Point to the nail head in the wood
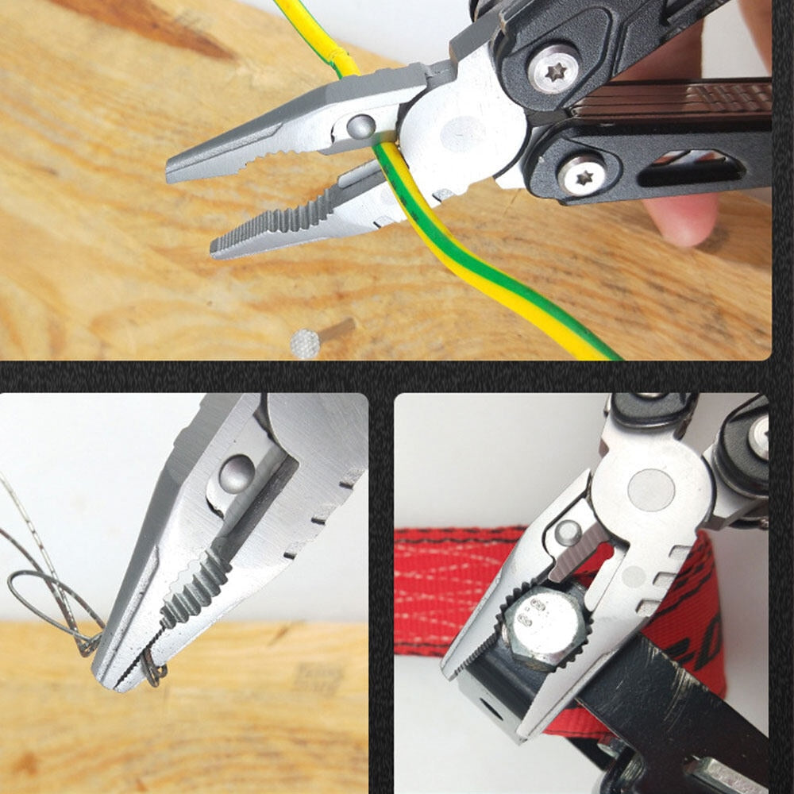click(306, 343)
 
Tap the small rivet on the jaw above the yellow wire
click(362, 126)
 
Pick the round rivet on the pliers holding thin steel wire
click(236, 474)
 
